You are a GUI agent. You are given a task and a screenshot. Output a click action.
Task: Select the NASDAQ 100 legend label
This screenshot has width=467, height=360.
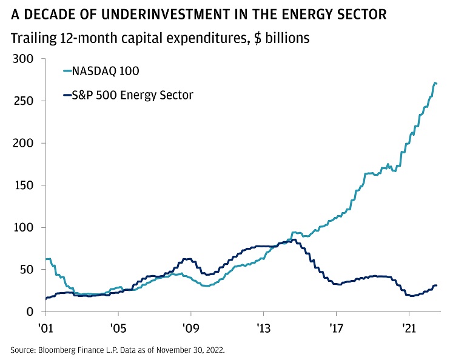point(106,72)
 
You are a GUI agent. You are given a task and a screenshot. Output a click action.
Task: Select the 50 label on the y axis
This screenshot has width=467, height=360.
point(27,270)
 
